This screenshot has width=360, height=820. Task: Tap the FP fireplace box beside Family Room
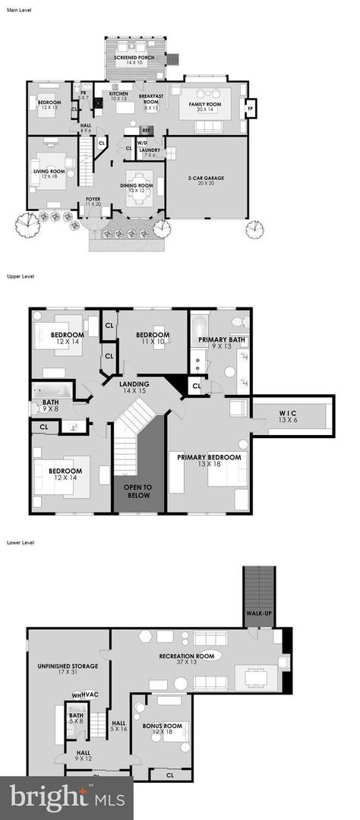click(249, 109)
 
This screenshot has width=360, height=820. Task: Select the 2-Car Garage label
click(207, 180)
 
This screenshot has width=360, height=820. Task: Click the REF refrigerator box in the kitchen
click(147, 130)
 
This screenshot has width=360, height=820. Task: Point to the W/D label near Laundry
click(142, 143)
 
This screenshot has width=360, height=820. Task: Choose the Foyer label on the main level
click(93, 201)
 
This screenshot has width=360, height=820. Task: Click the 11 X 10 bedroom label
click(153, 338)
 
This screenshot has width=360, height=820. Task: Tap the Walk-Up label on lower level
click(257, 613)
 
